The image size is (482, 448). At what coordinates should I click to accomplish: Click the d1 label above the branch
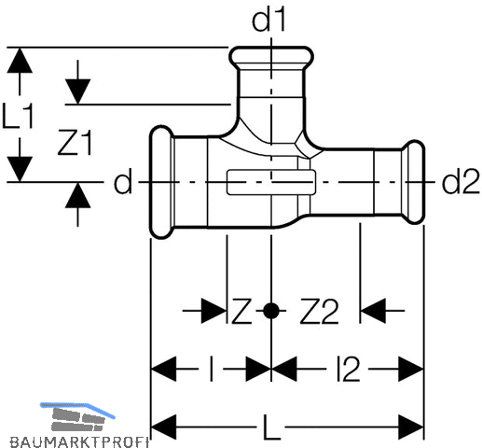pos(269,21)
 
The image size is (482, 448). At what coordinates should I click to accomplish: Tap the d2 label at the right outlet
pos(461,182)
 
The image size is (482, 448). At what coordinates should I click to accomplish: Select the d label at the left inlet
pos(123,181)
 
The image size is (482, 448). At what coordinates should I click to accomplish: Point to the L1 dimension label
pos(18,117)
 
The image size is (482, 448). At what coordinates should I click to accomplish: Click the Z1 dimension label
pos(76,143)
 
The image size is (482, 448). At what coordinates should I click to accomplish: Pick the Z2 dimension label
pos(319,312)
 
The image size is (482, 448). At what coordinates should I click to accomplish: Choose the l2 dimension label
pos(348,370)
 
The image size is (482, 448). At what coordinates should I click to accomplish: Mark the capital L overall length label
pos(271,427)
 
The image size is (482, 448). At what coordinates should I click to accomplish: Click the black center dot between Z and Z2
pos(271,311)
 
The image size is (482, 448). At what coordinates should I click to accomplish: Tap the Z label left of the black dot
pos(241,312)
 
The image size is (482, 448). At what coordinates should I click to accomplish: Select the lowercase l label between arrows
pos(212,370)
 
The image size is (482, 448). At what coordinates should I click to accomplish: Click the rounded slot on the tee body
pos(271,182)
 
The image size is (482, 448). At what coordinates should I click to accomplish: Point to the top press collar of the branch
pos(271,55)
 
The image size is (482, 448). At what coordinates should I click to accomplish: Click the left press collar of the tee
pos(161,182)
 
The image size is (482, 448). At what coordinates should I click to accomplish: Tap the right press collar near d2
pos(414,182)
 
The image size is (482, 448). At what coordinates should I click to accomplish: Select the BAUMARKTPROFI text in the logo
pos(79,441)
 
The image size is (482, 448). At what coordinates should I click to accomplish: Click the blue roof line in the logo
pos(77,408)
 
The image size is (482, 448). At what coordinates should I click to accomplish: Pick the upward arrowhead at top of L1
pos(20,61)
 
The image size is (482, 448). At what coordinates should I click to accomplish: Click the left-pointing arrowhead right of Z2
pos(373,311)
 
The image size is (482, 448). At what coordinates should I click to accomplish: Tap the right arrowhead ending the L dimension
pos(411,427)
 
